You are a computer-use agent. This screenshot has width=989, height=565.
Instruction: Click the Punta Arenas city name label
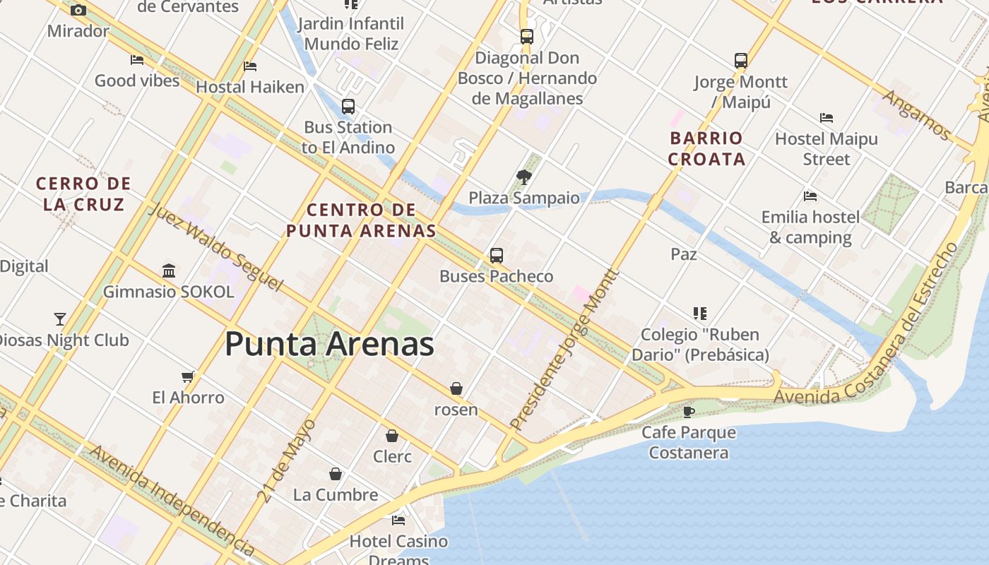tap(329, 345)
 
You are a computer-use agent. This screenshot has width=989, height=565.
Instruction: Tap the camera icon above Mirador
tap(78, 10)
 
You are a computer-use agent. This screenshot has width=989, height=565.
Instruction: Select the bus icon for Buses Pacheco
tap(497, 256)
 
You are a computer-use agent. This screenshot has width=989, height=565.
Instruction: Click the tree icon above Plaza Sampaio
tap(523, 177)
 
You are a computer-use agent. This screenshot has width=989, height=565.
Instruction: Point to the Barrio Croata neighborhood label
tap(706, 148)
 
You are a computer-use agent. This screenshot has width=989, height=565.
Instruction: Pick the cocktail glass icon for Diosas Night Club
tap(60, 319)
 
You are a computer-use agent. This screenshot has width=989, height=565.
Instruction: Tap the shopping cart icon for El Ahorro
tap(188, 376)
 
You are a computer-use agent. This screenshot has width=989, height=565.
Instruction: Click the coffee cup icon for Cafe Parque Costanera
tap(689, 411)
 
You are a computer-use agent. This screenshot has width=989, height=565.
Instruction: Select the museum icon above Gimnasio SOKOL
tap(169, 270)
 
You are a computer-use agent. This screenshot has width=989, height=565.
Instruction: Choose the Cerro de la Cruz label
tap(83, 194)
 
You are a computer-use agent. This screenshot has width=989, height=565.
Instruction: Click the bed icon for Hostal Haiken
tap(250, 66)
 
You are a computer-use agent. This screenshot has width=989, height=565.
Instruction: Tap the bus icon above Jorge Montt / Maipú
tap(740, 61)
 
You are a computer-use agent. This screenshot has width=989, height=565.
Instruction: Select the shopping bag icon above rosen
tap(456, 388)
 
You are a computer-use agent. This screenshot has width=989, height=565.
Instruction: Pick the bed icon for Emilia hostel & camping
tap(810, 196)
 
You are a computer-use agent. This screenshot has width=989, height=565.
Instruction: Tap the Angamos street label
tap(917, 114)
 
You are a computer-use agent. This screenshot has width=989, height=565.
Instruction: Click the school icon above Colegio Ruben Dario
tap(700, 313)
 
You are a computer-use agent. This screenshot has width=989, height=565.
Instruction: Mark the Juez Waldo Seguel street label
tap(215, 248)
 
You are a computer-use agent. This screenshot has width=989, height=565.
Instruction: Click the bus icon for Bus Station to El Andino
tap(348, 107)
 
